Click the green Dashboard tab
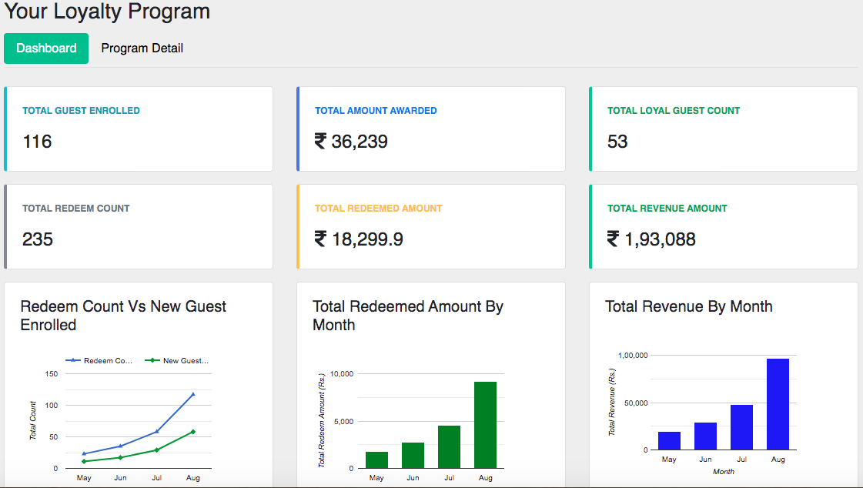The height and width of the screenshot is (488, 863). tap(46, 48)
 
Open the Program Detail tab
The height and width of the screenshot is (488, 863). tap(142, 48)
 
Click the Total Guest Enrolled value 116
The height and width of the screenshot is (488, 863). tap(37, 142)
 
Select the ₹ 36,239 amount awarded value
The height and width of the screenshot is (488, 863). tap(351, 142)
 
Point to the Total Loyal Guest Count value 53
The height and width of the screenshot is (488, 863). tap(617, 142)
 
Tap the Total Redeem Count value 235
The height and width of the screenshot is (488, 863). tap(38, 239)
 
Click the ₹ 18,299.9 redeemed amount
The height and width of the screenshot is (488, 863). tap(359, 239)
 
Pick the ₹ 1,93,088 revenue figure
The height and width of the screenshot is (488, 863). tap(651, 239)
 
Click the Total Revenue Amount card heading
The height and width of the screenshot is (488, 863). tap(667, 208)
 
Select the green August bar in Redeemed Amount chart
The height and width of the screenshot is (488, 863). tap(485, 425)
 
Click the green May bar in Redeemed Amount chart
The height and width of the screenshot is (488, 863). tap(376, 460)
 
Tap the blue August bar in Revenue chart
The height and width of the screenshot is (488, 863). tap(778, 404)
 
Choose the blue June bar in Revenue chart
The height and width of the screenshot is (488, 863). tap(705, 436)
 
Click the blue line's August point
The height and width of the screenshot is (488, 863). tap(192, 394)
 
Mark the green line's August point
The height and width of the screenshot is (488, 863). tap(192, 432)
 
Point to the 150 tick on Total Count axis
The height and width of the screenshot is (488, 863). tap(52, 374)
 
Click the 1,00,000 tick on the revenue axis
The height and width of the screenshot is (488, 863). tap(632, 356)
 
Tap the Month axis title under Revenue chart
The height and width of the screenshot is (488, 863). tap(724, 471)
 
